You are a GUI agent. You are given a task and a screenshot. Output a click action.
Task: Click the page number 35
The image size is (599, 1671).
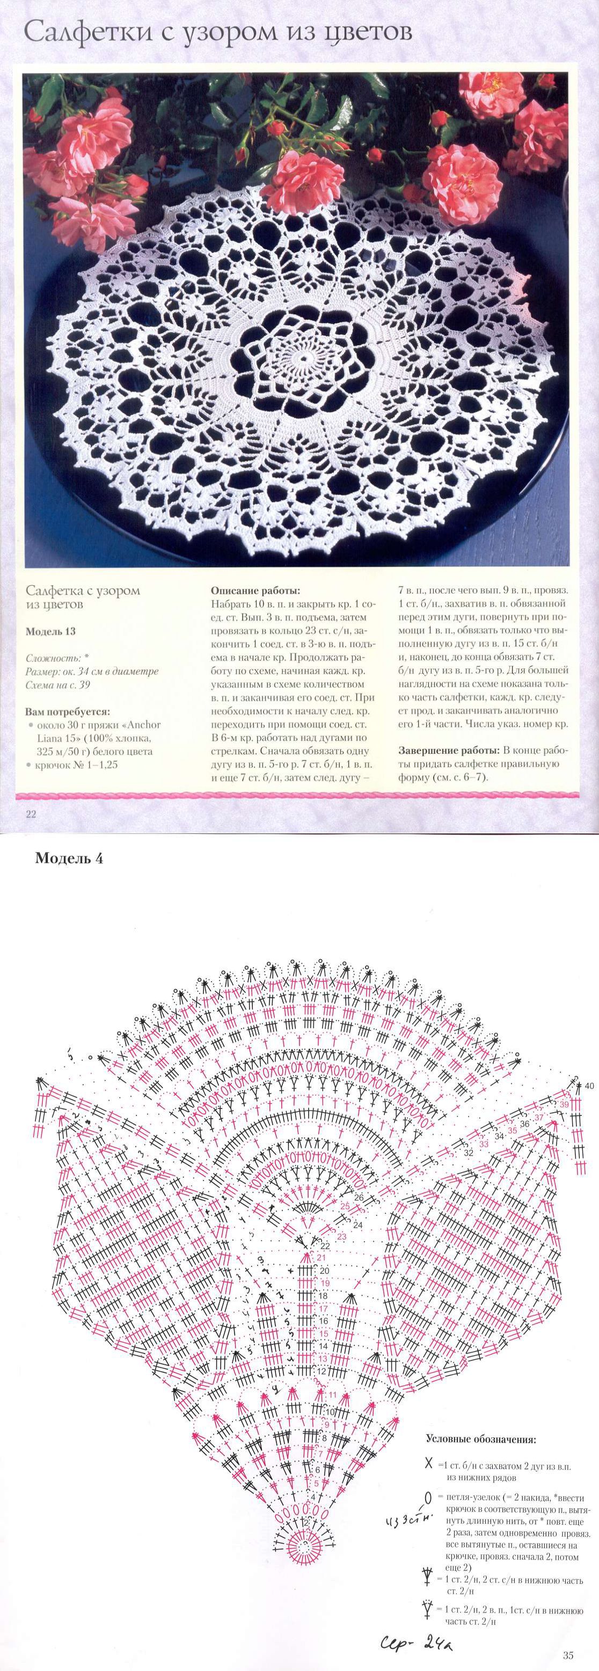[x=568, y=1655]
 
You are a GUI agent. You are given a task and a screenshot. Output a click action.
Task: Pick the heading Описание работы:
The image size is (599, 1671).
[x=255, y=591]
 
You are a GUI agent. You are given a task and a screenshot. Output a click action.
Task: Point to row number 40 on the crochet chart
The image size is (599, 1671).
[x=589, y=1086]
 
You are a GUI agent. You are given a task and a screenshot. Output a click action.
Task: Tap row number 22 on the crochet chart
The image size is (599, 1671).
[x=325, y=1246]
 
